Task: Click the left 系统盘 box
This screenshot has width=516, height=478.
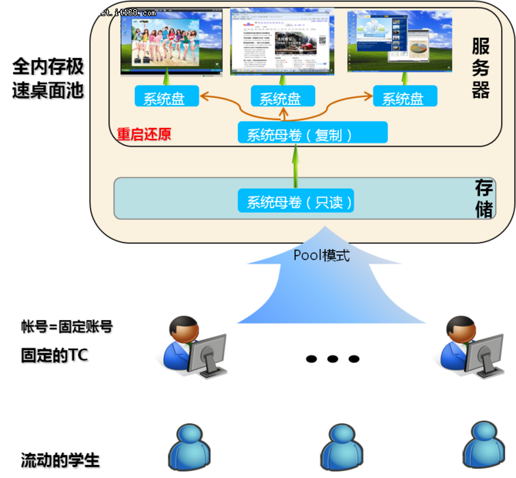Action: point(166,97)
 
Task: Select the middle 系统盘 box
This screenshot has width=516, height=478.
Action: point(280,97)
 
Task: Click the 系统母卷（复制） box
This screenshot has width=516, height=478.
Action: point(300,134)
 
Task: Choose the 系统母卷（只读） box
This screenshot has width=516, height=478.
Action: point(300,202)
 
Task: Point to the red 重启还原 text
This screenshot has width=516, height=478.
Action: point(144,134)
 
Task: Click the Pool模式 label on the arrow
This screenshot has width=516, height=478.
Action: point(321,255)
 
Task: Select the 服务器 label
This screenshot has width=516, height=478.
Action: point(481,69)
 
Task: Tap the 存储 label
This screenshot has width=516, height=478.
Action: point(484,198)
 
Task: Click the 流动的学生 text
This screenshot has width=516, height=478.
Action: point(61,462)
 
